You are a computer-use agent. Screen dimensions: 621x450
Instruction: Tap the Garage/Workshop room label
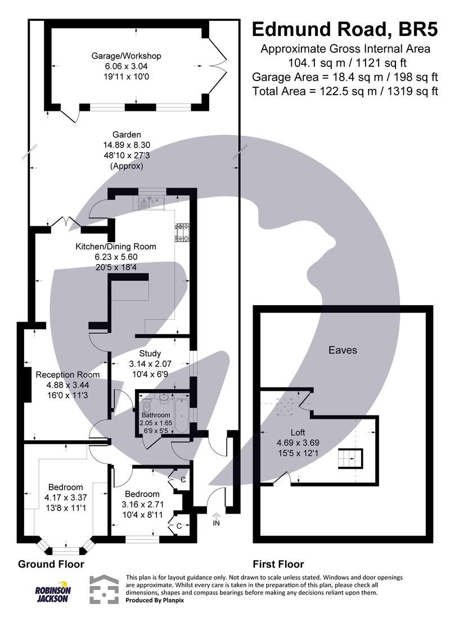[x=127, y=56]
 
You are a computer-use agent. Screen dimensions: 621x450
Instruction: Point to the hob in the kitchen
[x=182, y=233]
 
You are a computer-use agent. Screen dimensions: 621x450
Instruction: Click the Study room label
[x=150, y=354]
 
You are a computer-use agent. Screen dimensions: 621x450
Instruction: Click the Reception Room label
[x=67, y=374]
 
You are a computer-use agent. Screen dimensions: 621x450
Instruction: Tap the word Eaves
[x=343, y=350]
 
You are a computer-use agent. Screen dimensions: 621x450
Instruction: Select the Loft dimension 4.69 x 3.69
[x=298, y=443]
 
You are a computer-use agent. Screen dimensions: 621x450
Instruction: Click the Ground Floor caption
[x=51, y=564]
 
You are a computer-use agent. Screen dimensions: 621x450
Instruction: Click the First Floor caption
[x=278, y=564]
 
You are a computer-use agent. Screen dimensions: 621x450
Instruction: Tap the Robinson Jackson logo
[x=52, y=592]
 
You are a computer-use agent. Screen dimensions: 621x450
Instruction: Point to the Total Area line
[x=345, y=92]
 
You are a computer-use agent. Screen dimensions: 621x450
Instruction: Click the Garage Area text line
[x=345, y=77]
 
